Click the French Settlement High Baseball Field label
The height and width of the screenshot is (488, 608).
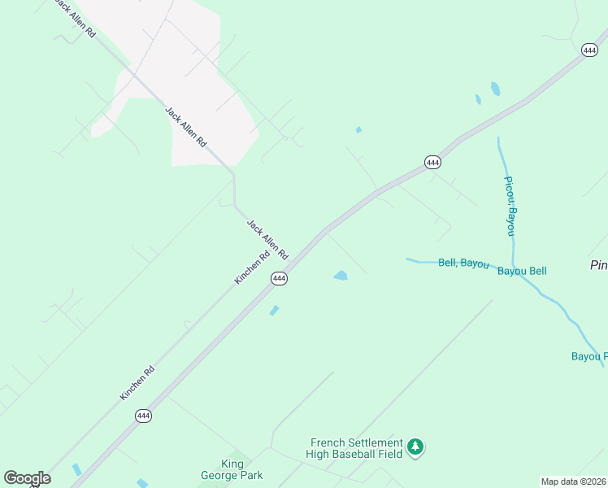[354, 447]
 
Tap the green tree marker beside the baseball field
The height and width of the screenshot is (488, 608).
[416, 447]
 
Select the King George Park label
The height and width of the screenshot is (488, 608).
[232, 469]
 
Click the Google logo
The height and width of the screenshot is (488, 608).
[27, 478]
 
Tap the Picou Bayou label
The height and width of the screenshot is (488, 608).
[510, 206]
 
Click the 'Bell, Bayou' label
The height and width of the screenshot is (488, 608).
[463, 263]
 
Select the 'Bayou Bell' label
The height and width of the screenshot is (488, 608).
[522, 271]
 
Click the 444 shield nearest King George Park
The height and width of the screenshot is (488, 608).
[143, 416]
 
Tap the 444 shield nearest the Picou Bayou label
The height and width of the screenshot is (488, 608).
[432, 163]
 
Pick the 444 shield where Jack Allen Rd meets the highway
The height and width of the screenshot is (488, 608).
[279, 278]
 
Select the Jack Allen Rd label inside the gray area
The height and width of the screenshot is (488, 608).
[185, 126]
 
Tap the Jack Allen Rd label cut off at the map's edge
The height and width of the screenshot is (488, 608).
[76, 19]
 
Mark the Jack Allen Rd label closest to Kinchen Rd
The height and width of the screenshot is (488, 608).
[267, 239]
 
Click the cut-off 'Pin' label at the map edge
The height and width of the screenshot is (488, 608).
[598, 265]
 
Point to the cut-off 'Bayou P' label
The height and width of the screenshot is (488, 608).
[588, 356]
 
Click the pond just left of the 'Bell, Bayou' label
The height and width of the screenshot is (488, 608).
[341, 276]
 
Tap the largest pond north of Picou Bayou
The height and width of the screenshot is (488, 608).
[495, 89]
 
